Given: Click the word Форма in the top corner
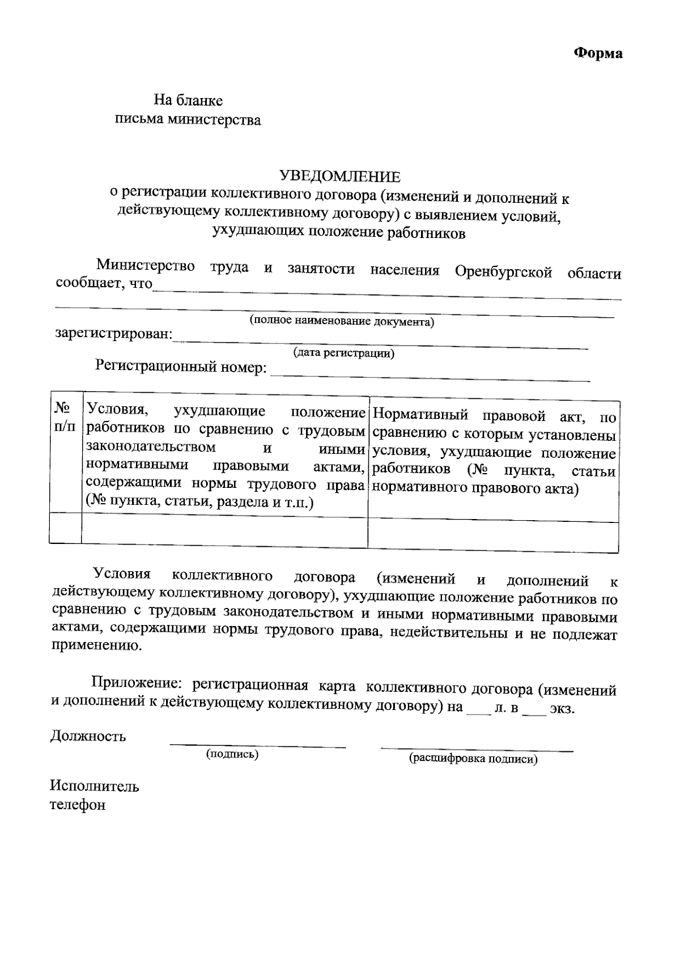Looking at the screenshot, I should tap(598, 53).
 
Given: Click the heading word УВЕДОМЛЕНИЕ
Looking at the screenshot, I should tap(340, 177).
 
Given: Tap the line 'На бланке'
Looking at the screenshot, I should tap(188, 101).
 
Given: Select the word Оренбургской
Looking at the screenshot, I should tap(503, 271).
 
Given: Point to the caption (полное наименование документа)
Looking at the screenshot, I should tap(342, 321).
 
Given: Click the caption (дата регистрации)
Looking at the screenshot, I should tap(343, 354).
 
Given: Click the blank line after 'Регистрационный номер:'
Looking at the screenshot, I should tap(431, 374).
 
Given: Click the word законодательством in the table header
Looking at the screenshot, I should tap(151, 447).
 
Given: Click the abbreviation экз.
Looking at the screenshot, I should tap(562, 709).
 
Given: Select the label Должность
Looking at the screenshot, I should tap(88, 737).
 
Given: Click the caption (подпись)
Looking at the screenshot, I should tap(232, 754).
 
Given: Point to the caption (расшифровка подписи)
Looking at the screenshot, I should tap(473, 759).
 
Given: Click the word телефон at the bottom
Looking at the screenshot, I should tap(77, 805).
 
